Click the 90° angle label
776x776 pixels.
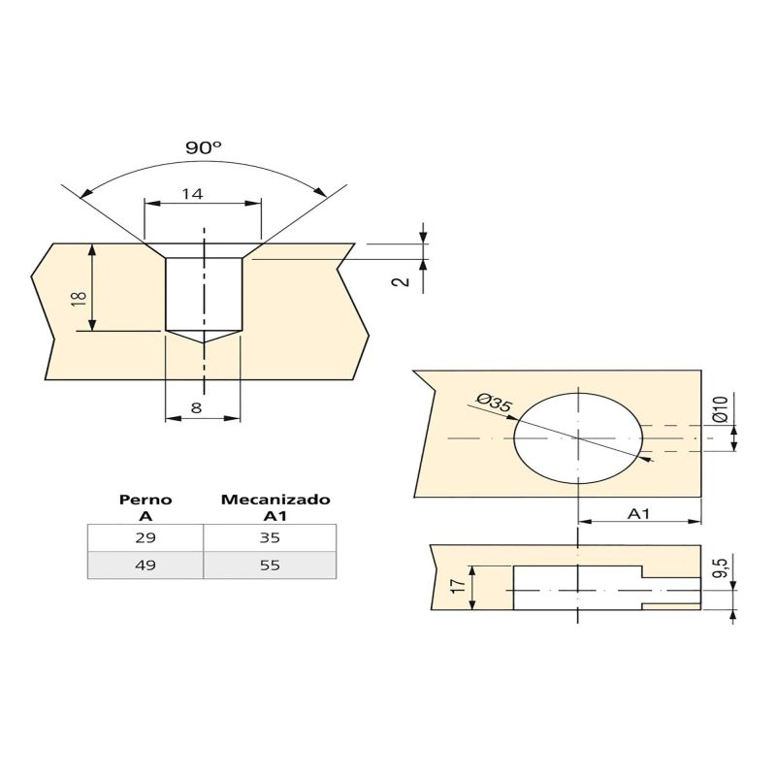pyautogui.click(x=204, y=147)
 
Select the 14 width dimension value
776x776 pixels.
pyautogui.click(x=192, y=194)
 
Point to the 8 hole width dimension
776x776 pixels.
pyautogui.click(x=196, y=408)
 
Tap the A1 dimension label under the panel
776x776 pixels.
pyautogui.click(x=638, y=513)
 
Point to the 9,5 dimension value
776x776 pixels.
pyautogui.click(x=719, y=566)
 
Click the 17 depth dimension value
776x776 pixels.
pyautogui.click(x=458, y=587)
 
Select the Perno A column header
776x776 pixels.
pyautogui.click(x=145, y=507)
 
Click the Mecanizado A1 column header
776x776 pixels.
pyautogui.click(x=275, y=507)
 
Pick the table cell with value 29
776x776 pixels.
pyautogui.click(x=145, y=537)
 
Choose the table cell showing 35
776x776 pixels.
pyautogui.click(x=270, y=537)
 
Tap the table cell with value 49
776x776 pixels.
pyautogui.click(x=145, y=565)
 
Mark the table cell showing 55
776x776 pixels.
pyautogui.click(x=270, y=565)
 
